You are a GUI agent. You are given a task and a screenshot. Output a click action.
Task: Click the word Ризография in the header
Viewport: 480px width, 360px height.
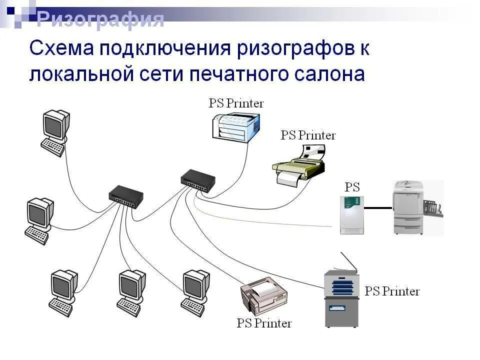[x=100, y=19]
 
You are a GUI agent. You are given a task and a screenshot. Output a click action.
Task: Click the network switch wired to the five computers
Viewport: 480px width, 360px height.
[x=125, y=196]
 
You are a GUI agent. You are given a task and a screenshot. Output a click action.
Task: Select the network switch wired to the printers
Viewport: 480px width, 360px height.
[x=198, y=180]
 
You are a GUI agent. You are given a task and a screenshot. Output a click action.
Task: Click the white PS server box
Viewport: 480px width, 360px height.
[x=351, y=214]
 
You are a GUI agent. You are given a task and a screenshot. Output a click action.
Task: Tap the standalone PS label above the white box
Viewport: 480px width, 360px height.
[x=352, y=187]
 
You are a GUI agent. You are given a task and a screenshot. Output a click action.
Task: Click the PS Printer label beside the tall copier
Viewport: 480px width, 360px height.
[x=392, y=291]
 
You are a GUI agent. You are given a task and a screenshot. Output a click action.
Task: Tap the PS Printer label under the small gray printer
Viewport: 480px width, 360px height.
[x=264, y=323]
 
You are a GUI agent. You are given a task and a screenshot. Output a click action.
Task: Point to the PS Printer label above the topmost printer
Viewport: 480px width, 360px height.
[x=236, y=103]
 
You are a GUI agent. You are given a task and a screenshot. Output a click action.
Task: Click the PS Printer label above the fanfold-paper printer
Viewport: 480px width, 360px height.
[x=308, y=135]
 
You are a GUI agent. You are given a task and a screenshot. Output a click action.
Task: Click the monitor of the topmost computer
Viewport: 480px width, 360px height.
[x=55, y=123]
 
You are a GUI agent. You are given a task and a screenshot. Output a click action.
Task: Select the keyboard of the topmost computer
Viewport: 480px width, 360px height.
[x=53, y=147]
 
